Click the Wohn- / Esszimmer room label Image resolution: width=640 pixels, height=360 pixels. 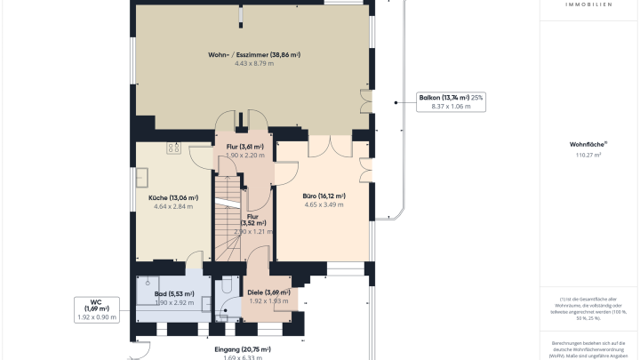(253, 54)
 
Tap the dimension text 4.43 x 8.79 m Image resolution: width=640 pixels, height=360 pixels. (253, 64)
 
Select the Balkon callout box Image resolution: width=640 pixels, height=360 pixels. (450, 101)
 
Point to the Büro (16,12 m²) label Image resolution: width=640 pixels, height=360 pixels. (323, 196)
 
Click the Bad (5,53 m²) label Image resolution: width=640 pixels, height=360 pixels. (173, 293)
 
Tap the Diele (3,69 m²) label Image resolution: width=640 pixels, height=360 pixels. (268, 292)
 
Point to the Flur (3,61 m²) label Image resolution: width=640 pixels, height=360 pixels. (244, 146)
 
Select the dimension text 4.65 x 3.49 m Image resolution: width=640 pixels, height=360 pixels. (323, 205)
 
